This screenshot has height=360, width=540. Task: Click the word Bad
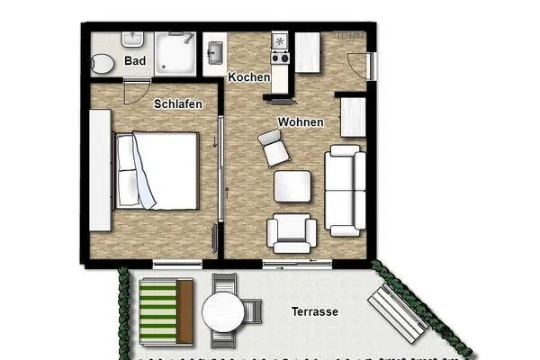click(x=136, y=61)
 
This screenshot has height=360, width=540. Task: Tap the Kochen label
click(x=249, y=77)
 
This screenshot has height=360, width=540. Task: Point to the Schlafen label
click(x=178, y=104)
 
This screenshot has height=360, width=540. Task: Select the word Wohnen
click(x=301, y=121)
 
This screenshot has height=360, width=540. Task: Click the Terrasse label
click(x=314, y=312)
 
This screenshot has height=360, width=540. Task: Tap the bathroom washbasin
click(x=131, y=40)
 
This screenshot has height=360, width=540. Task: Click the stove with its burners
click(x=280, y=49)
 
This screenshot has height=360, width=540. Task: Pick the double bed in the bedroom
click(x=157, y=170)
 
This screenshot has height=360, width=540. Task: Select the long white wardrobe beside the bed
click(x=100, y=170)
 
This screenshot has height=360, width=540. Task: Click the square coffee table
click(x=292, y=186)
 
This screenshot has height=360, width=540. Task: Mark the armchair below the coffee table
click(x=292, y=234)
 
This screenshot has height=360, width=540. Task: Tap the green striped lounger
click(x=166, y=310)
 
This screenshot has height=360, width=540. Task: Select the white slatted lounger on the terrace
click(x=397, y=312)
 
